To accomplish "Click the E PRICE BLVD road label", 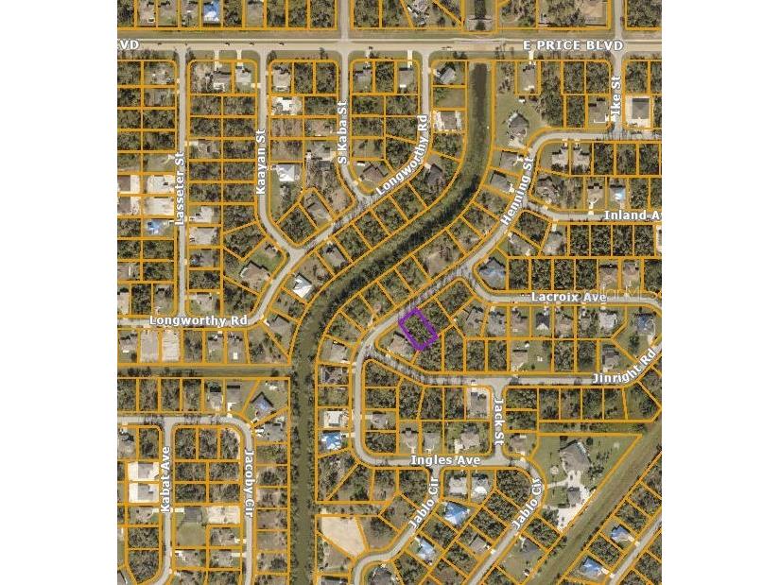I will (x=573, y=45).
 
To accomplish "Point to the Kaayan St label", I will (x=261, y=163).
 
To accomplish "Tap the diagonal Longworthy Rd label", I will (x=403, y=155).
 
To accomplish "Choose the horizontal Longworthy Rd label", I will (x=198, y=321).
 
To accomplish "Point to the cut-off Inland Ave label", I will (x=632, y=215).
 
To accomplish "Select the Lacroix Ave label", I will (x=568, y=297).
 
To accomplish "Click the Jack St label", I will (x=498, y=421).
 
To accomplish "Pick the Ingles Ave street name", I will (x=445, y=460).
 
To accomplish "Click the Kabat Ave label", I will (x=165, y=479).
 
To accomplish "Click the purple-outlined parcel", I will (x=417, y=328).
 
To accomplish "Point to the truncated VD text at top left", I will (x=129, y=44).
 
